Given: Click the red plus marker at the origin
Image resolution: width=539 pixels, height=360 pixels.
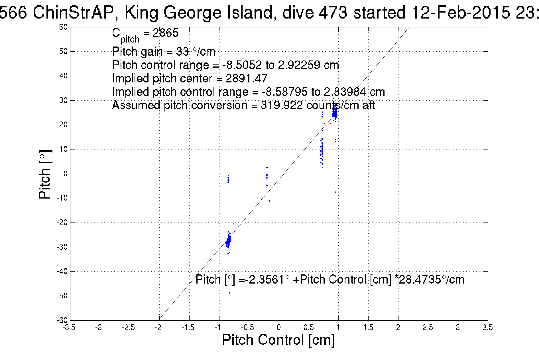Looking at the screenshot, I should pyautogui.click(x=279, y=174).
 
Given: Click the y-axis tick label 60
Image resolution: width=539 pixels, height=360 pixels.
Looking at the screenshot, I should pyautogui.click(x=63, y=27).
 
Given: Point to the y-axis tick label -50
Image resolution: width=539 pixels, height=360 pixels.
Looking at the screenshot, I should pyautogui.click(x=62, y=296).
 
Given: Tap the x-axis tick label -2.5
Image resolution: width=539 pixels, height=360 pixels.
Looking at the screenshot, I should pyautogui.click(x=128, y=327).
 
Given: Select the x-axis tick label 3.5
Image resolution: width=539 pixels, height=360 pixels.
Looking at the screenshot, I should pyautogui.click(x=487, y=327).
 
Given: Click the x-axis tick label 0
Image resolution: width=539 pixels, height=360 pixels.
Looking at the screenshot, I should pyautogui.click(x=279, y=327).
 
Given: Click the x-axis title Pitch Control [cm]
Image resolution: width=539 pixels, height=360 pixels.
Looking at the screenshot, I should pyautogui.click(x=278, y=340).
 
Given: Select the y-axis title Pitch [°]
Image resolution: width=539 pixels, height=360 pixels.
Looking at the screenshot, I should pyautogui.click(x=45, y=174).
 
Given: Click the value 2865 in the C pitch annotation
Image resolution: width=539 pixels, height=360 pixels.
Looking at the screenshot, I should pyautogui.click(x=165, y=33).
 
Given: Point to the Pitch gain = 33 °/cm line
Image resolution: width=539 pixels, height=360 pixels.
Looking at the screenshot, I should pyautogui.click(x=164, y=52).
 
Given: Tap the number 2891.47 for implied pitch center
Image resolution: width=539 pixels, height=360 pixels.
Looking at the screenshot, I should pyautogui.click(x=247, y=78).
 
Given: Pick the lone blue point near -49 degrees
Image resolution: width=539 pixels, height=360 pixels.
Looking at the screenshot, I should pyautogui.click(x=230, y=293).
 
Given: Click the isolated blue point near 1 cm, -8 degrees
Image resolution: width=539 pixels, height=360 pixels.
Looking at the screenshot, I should pyautogui.click(x=335, y=192).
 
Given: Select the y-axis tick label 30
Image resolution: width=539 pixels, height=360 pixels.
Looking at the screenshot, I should pyautogui.click(x=63, y=100).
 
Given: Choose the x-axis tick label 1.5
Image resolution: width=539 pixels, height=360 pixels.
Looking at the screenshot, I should pyautogui.click(x=368, y=327).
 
